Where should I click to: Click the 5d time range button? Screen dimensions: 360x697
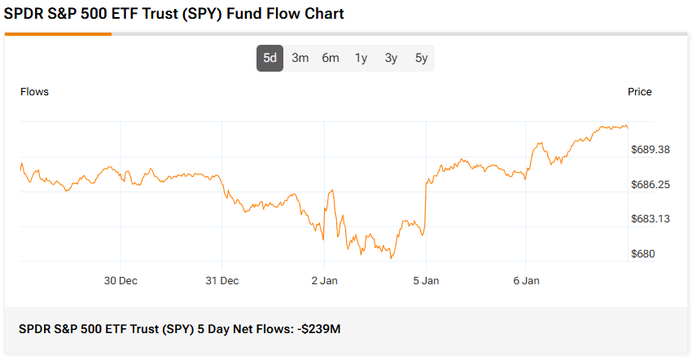270,58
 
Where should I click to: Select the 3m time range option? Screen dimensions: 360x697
300,58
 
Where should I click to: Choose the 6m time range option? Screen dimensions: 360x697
331,58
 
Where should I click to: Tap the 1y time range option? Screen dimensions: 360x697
361,58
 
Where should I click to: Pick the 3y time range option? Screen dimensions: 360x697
391,58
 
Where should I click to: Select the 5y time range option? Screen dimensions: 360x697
421,58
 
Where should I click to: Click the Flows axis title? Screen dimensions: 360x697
34,92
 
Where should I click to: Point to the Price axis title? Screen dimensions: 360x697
640,92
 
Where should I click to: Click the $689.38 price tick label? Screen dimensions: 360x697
651,150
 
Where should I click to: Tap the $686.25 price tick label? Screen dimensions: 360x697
651,185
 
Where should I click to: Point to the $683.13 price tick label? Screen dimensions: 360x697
651,219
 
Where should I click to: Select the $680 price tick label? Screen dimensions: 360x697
643,254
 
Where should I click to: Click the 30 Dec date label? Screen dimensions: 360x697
121,281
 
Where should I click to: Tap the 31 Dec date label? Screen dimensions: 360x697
221,281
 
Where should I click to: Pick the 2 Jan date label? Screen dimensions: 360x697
323,281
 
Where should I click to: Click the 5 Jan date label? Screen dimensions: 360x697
426,281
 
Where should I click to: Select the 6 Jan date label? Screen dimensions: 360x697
526,281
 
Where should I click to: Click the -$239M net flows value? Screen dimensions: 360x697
318,329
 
